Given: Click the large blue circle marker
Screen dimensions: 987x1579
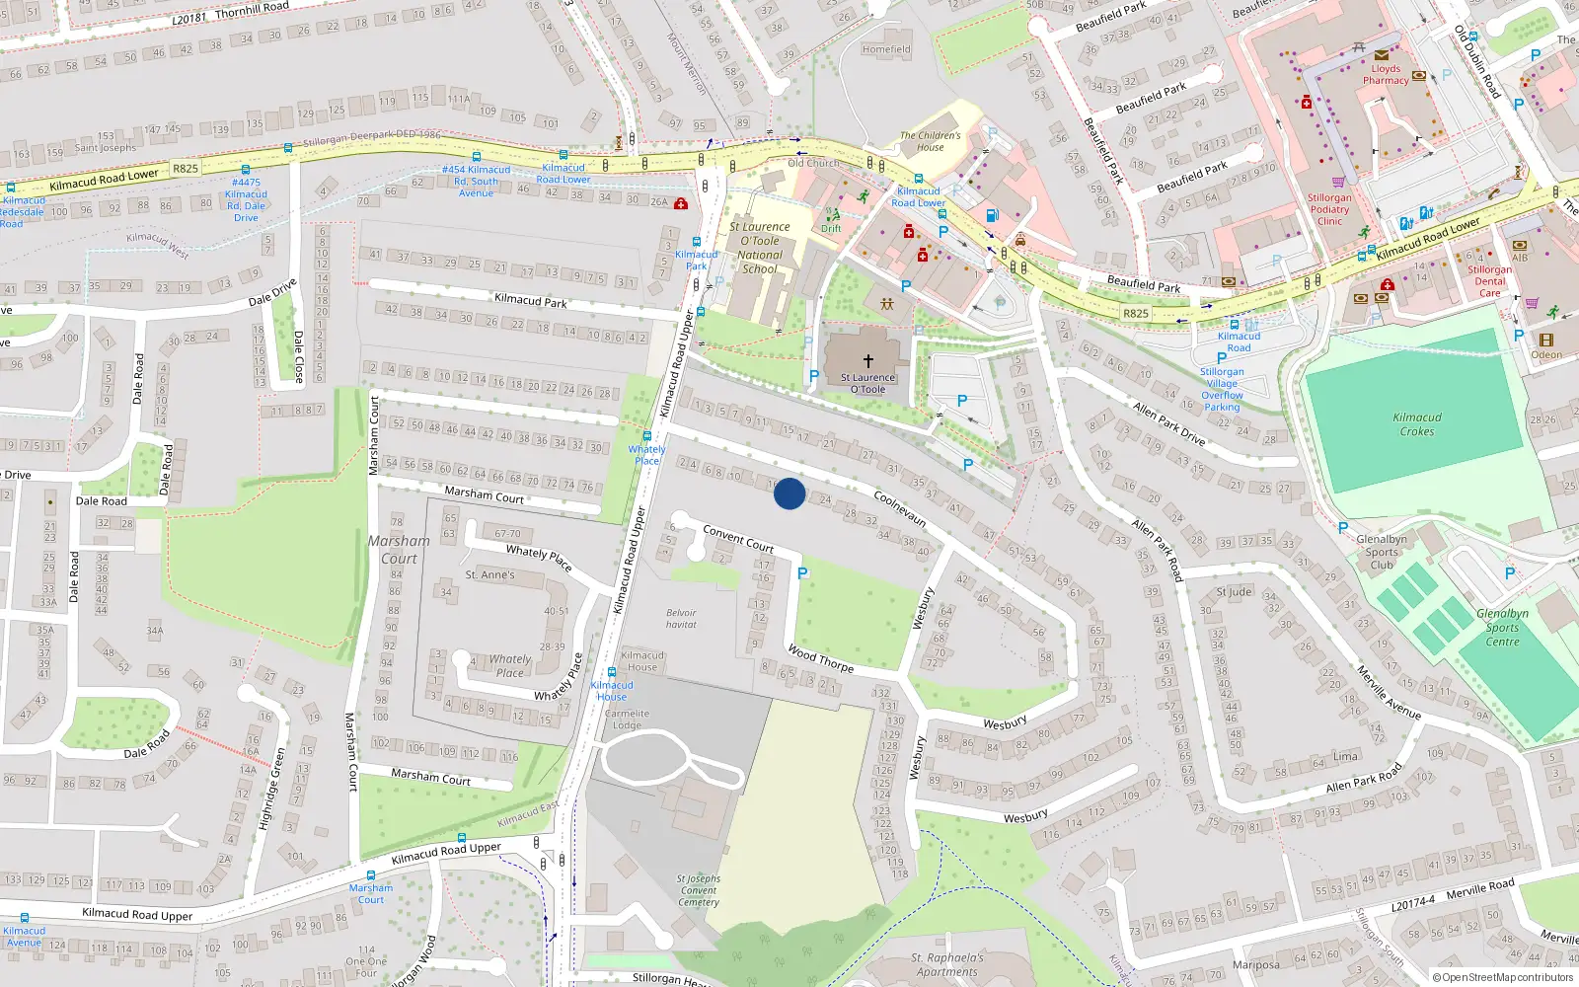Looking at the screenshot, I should click(x=789, y=493).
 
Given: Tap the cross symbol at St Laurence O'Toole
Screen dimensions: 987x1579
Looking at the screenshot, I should click(x=868, y=361).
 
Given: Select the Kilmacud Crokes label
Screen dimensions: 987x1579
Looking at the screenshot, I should click(x=1417, y=424).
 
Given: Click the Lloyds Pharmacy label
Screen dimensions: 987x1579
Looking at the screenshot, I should click(x=1386, y=75).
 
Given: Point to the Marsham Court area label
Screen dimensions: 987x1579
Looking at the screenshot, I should click(x=399, y=550).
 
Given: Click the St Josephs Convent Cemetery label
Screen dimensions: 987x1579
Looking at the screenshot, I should click(x=699, y=890).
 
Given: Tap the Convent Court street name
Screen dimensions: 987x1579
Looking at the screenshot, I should click(x=738, y=538).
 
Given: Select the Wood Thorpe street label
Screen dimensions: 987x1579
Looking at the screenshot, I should click(x=821, y=658).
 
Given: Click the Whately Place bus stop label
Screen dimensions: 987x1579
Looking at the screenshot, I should click(x=647, y=455).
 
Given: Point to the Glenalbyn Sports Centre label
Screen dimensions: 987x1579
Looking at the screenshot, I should click(x=1502, y=628).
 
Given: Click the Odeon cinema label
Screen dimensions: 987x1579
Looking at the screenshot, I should click(x=1546, y=355).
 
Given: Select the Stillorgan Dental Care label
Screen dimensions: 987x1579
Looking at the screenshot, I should click(x=1489, y=281).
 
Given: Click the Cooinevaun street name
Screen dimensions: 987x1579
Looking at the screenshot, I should click(x=900, y=509).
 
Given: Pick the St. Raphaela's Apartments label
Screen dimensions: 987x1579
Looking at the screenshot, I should click(x=946, y=964).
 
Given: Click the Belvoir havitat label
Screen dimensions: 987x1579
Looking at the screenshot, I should click(x=681, y=619).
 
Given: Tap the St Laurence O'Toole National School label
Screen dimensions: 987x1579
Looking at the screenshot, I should click(x=760, y=248).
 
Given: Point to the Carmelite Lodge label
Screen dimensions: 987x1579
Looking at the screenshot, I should click(x=627, y=720).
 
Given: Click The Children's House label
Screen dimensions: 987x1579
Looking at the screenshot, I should click(x=930, y=141).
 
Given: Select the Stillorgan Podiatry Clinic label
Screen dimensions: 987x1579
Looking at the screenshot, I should click(x=1329, y=209).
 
